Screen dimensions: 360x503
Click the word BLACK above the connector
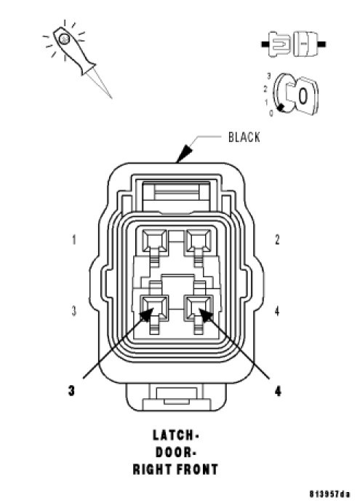pos(244,137)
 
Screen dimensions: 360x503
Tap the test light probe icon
pos(77,58)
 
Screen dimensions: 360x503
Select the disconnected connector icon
pos(294,44)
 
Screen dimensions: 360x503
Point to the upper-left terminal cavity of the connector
pos(155,239)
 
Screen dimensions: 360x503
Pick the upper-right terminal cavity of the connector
pos(199,239)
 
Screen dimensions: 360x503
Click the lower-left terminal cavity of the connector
pos(155,308)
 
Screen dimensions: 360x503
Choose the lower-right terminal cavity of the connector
pos(199,308)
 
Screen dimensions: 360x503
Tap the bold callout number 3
pos(71,390)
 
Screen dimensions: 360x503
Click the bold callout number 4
pos(278,390)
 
